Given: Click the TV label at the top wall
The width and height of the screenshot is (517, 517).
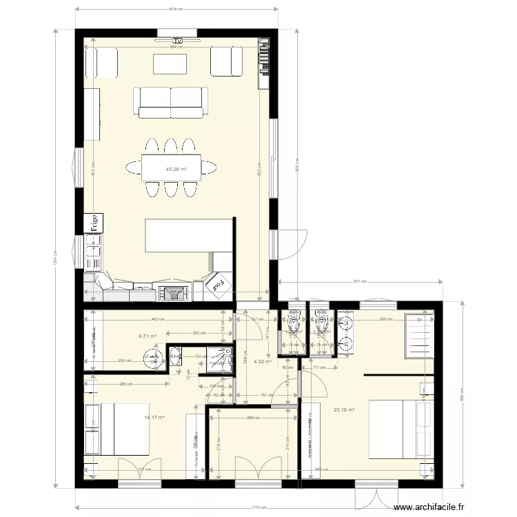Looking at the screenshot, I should (178, 41).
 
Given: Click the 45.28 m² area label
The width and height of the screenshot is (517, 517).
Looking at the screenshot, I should (176, 168).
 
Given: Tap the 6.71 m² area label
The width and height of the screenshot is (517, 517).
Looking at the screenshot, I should (147, 336).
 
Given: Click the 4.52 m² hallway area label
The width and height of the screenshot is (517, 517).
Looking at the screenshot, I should (263, 360).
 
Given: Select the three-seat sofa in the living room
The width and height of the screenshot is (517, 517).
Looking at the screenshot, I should (170, 103).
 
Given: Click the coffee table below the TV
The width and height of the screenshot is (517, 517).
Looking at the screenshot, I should (170, 63).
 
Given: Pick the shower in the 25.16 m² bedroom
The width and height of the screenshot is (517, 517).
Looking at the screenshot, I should (419, 336).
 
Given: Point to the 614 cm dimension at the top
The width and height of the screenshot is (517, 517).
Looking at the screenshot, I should (176, 10).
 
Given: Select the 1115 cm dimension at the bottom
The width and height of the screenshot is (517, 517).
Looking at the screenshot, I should (259, 507).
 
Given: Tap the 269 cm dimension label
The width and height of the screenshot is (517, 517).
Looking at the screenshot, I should (254, 418).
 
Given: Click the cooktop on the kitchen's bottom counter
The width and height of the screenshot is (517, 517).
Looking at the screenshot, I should (174, 294).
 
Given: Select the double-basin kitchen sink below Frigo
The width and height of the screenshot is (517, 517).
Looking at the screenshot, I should (92, 252).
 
